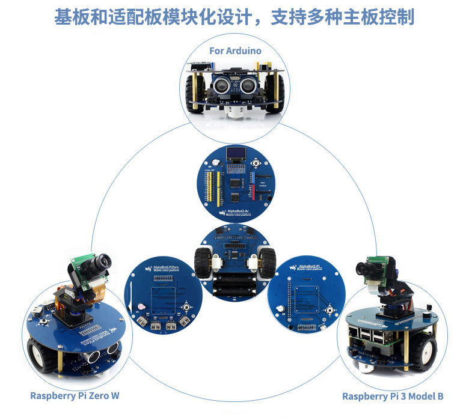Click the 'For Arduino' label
235,50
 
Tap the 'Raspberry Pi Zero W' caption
75,395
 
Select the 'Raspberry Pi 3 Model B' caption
393,396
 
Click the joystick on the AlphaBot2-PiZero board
188,308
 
